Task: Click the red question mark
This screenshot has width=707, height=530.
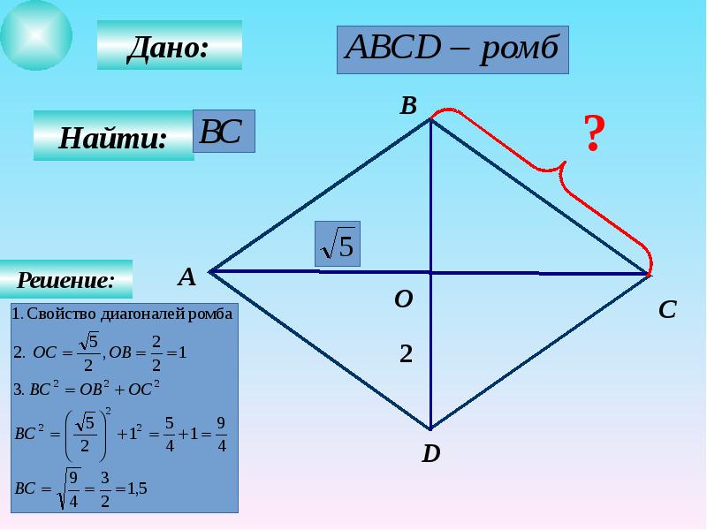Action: [x=593, y=134]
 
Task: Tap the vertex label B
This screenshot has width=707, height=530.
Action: [x=407, y=106]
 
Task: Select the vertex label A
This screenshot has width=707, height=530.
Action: [x=186, y=277]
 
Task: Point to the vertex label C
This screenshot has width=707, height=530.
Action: [x=667, y=309]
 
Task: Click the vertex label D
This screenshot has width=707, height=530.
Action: [x=430, y=454]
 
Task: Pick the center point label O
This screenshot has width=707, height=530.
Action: [x=403, y=300]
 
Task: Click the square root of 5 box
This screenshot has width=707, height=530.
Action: [x=338, y=245]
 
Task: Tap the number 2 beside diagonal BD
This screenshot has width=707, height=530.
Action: [x=406, y=354]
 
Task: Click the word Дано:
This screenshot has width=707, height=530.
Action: [x=168, y=46]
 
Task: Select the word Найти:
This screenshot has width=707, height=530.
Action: [x=113, y=137]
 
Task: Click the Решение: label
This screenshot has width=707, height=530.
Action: [x=67, y=280]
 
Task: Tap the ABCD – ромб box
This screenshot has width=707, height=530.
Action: [x=452, y=49]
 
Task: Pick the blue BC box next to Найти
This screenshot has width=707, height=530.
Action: [x=224, y=132]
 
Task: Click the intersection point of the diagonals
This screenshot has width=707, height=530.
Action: [x=430, y=272]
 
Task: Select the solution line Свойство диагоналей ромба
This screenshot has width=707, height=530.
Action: [x=124, y=314]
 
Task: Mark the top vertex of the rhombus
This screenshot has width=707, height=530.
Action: [x=430, y=121]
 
